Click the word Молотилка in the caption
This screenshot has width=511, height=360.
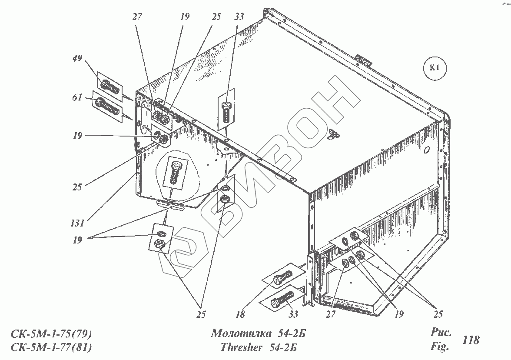point(237,333)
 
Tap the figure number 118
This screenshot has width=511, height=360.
point(471,340)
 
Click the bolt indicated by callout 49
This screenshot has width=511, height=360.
point(110,87)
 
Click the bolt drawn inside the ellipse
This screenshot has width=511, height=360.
point(174,173)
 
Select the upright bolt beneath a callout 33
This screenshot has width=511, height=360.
point(226,111)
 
